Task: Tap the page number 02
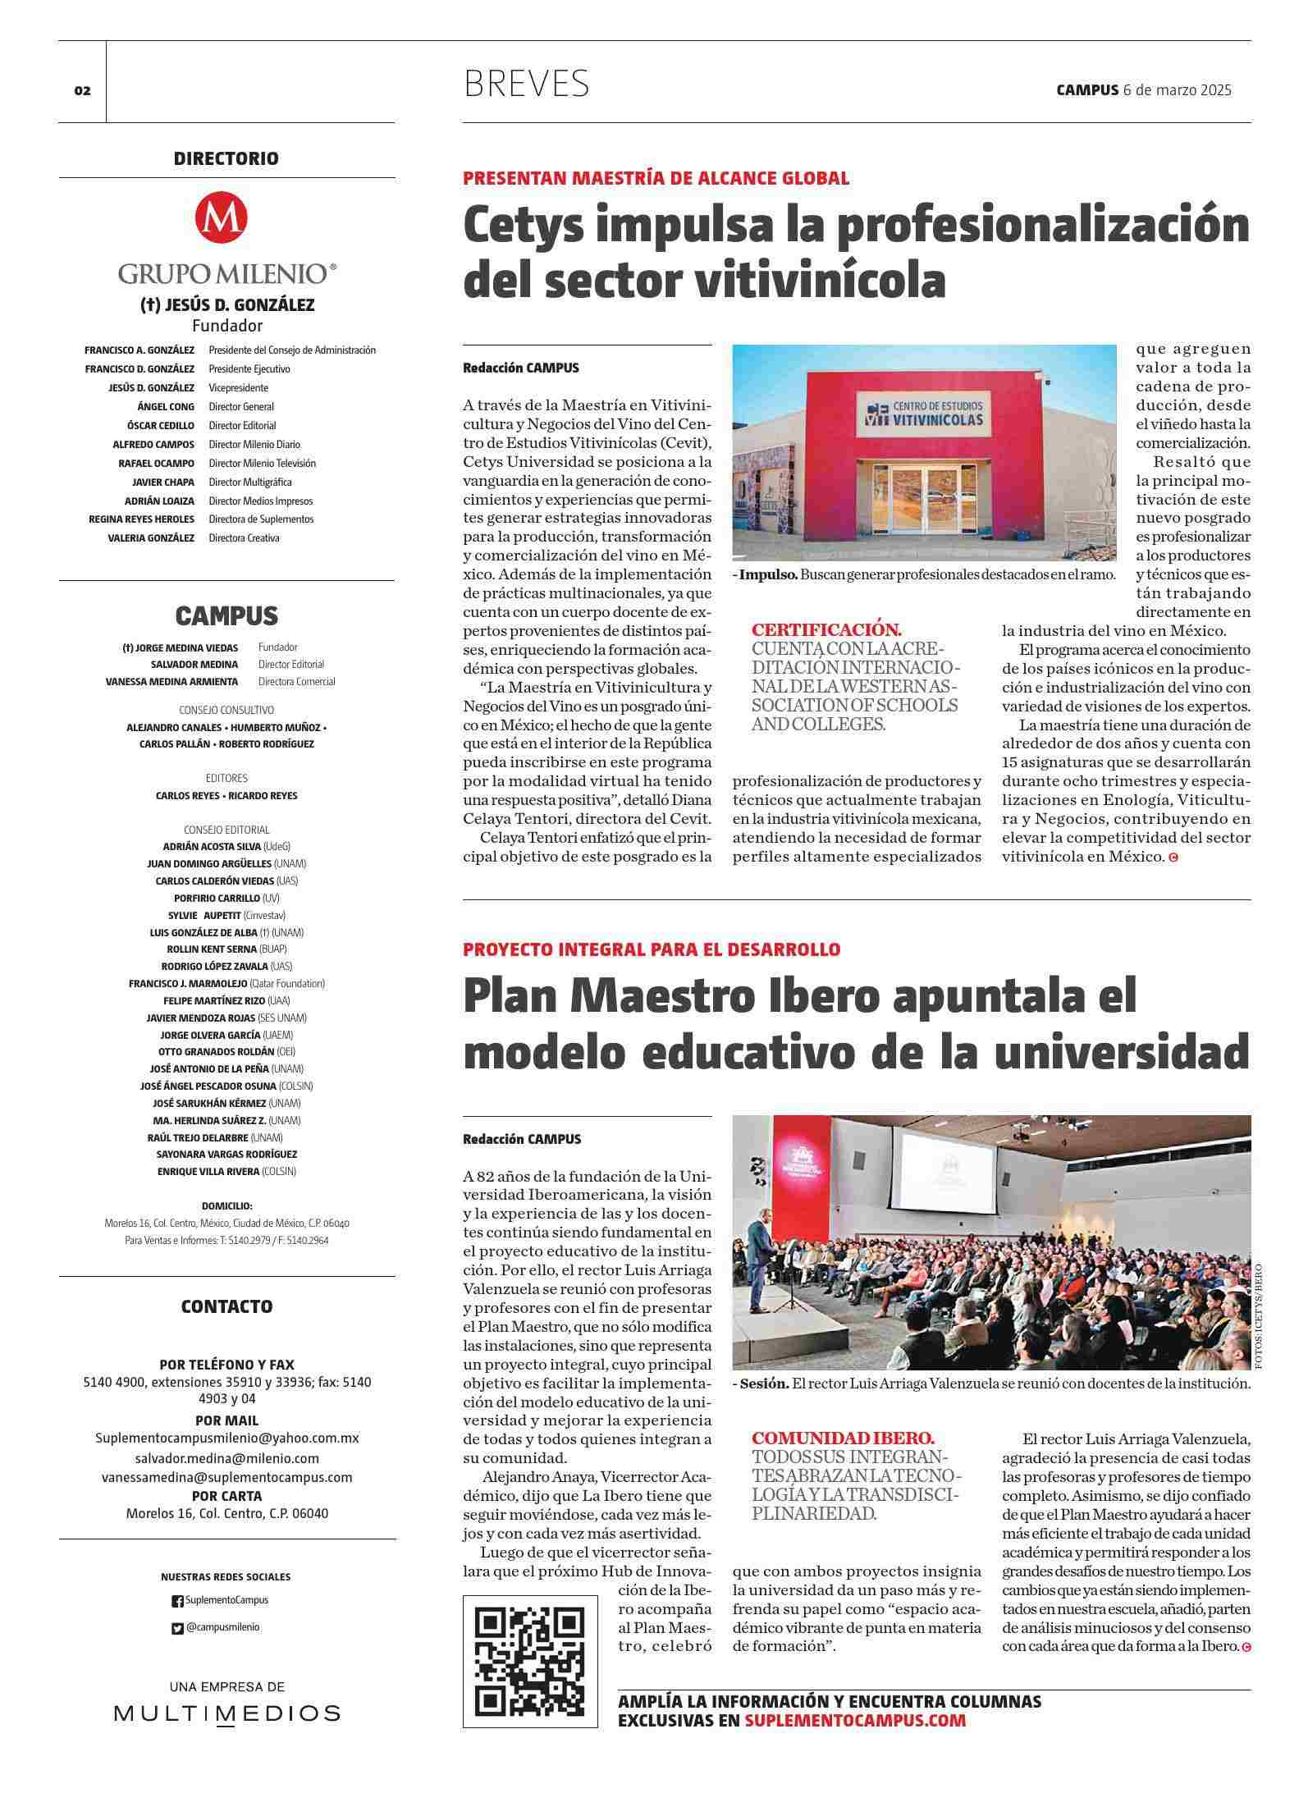point(82,91)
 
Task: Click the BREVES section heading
point(526,84)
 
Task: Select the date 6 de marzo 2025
point(1177,90)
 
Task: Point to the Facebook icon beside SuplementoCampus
point(177,1601)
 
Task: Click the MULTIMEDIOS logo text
point(226,1713)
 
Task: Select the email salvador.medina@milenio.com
point(226,1458)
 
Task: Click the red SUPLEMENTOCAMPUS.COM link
point(855,1720)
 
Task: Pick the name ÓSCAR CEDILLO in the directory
point(161,426)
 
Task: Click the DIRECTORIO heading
point(226,159)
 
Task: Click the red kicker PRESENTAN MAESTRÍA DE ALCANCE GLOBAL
point(656,178)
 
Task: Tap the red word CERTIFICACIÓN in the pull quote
point(826,630)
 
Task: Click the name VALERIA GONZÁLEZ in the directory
point(151,538)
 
